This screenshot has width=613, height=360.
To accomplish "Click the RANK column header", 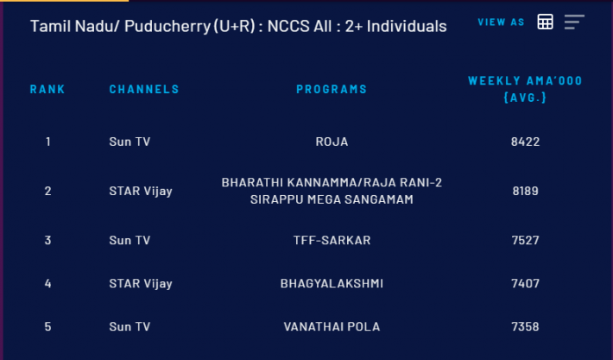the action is [x=47, y=89].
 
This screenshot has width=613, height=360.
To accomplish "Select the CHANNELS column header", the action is [x=144, y=89].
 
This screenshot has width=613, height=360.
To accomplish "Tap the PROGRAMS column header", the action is [x=332, y=89].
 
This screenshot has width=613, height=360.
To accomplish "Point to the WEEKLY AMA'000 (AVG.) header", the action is [x=525, y=89].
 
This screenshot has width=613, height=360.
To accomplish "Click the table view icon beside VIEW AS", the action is [x=545, y=22].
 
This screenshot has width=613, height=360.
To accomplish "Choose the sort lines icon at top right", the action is [x=574, y=22].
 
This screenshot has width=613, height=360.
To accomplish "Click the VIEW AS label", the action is [x=501, y=22].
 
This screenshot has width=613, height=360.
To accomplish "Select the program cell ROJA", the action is [x=332, y=142].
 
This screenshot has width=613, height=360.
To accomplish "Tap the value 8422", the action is [x=525, y=142].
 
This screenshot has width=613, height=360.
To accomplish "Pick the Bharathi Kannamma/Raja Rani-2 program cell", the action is [x=332, y=191].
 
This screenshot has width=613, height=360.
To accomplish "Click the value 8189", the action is [x=525, y=191].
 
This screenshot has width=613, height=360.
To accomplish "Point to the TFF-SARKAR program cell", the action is [x=332, y=240].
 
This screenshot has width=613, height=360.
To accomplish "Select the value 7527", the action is [x=525, y=240].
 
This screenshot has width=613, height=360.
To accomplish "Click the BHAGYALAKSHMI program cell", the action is [x=332, y=283].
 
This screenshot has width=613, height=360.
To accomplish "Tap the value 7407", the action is [x=525, y=283].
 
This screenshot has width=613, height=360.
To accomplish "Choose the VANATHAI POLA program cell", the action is [x=332, y=327].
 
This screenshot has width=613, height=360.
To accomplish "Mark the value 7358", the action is [x=525, y=327].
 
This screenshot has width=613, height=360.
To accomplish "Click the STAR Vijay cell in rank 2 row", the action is [x=141, y=191].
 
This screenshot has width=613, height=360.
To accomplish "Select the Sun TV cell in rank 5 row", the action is [x=130, y=327].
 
